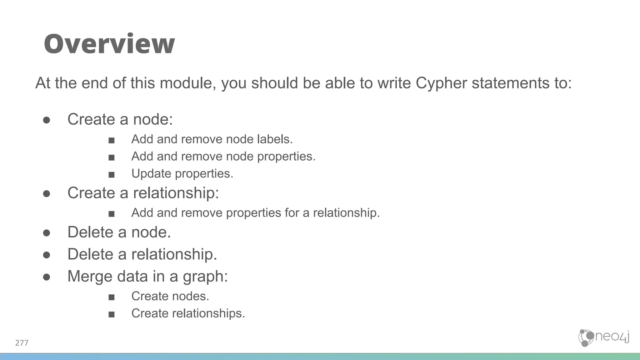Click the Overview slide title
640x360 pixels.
[x=109, y=44]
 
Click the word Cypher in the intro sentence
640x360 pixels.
[x=441, y=83]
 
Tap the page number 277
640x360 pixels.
[x=22, y=343]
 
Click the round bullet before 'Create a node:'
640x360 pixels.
[x=47, y=120]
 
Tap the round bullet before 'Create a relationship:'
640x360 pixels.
[x=47, y=194]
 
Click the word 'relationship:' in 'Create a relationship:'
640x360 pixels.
[x=176, y=193]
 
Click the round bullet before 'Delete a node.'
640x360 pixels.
[x=47, y=233]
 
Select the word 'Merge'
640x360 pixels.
[x=90, y=276]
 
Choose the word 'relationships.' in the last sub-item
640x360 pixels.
[x=209, y=313]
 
